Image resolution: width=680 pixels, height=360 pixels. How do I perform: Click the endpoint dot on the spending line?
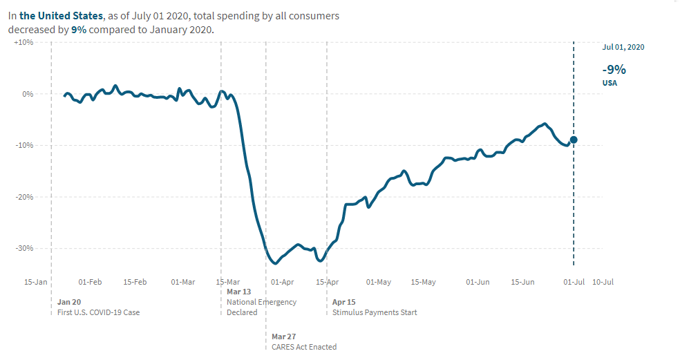(x=574, y=140)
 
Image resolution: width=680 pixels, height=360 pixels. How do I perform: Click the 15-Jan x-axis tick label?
(x=36, y=282)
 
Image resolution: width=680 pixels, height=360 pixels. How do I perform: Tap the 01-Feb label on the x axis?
(x=91, y=282)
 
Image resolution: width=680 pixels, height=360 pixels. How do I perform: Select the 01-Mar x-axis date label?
(x=182, y=282)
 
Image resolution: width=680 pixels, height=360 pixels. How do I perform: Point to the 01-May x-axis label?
(x=379, y=282)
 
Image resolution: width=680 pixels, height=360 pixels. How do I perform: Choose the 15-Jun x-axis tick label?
(x=522, y=282)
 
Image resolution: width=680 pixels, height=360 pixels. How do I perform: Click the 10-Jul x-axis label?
(x=603, y=282)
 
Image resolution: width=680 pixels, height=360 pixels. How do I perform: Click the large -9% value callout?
(x=614, y=69)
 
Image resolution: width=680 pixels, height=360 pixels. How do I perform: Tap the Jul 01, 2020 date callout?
(x=623, y=47)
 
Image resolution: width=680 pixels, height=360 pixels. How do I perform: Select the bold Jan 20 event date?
(x=69, y=302)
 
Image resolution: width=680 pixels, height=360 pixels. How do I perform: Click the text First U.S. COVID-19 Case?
(x=98, y=312)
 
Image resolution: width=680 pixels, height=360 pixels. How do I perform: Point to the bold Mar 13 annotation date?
(x=239, y=292)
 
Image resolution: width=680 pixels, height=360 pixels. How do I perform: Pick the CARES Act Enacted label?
(x=303, y=347)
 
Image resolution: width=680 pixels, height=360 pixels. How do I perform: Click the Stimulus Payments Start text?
(x=375, y=312)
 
